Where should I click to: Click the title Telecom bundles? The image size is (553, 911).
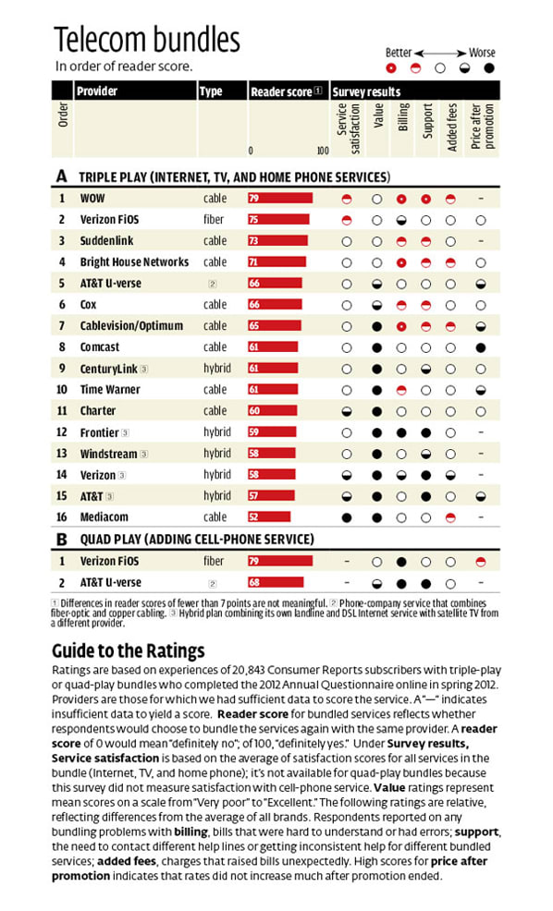click(x=146, y=40)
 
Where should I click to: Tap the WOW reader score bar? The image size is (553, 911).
click(x=280, y=198)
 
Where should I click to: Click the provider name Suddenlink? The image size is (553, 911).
click(x=107, y=240)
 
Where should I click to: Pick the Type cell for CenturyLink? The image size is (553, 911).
click(x=217, y=369)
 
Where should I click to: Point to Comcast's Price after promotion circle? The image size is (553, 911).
click(x=480, y=348)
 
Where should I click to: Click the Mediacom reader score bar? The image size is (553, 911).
click(x=269, y=516)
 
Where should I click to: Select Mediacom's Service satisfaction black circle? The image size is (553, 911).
click(x=347, y=517)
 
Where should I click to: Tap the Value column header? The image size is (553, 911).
click(x=378, y=116)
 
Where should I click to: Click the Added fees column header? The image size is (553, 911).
click(x=452, y=128)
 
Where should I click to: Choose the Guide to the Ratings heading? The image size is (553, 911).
click(x=129, y=650)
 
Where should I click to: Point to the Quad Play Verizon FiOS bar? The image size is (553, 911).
click(x=280, y=561)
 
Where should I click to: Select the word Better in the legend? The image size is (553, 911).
click(x=399, y=53)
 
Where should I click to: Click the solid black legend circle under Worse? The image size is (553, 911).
click(x=489, y=68)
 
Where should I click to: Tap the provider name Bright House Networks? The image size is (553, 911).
click(x=134, y=262)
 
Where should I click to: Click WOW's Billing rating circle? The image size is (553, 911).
click(x=401, y=199)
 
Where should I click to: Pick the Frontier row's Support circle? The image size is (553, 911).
click(x=425, y=432)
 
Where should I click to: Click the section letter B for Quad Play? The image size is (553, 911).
click(x=62, y=540)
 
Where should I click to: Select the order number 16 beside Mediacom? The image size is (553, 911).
click(x=62, y=517)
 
